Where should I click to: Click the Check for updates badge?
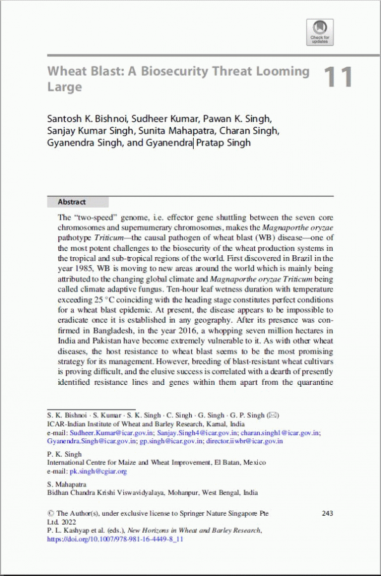tap(319, 31)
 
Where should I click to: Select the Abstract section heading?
tap(72, 202)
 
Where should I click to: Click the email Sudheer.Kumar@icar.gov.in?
tap(112, 432)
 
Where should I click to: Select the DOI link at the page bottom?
tap(115, 539)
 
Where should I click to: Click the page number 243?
tap(328, 513)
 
